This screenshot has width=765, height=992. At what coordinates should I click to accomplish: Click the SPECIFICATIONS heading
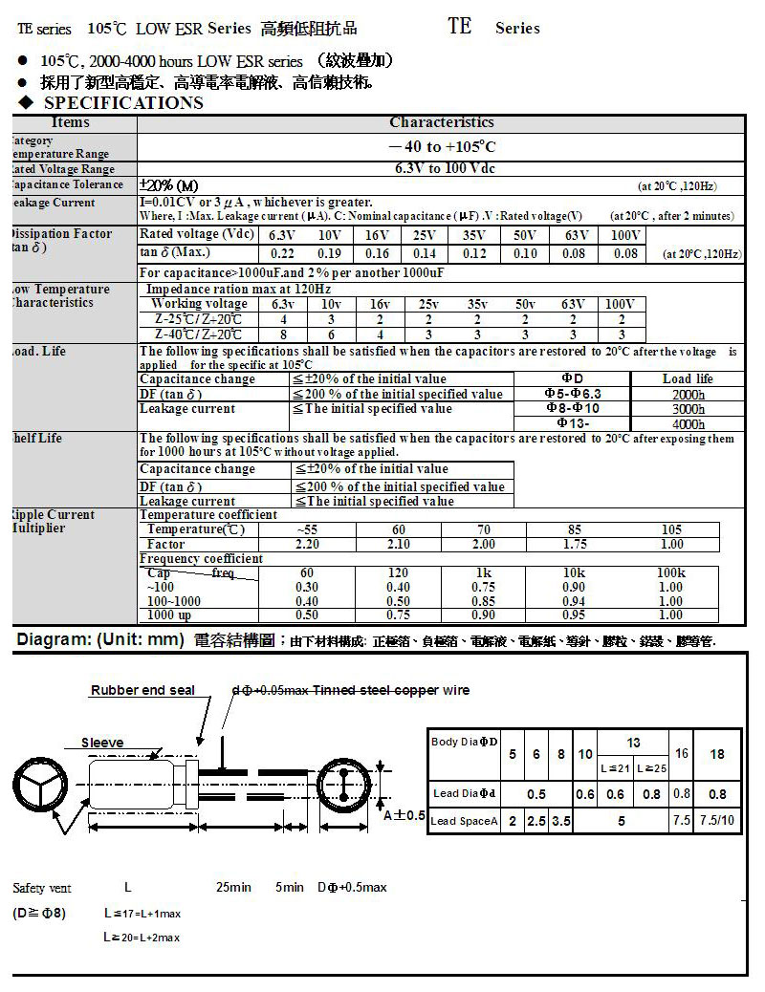(x=123, y=103)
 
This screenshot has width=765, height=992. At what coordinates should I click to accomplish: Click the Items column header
(x=71, y=123)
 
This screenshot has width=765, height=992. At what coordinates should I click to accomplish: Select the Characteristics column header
(x=441, y=123)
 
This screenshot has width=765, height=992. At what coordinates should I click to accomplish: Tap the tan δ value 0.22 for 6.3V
(x=282, y=253)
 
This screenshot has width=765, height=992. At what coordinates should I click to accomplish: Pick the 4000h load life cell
(x=688, y=423)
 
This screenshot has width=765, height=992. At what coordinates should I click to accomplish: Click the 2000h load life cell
(x=688, y=394)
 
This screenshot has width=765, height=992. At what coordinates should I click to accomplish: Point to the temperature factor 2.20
(x=308, y=544)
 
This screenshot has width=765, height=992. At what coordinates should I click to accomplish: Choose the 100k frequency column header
(x=671, y=573)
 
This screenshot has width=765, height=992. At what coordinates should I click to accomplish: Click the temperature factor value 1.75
(x=574, y=544)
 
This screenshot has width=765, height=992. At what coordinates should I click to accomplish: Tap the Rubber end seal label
(x=142, y=690)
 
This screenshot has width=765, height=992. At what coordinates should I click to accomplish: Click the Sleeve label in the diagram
(x=101, y=743)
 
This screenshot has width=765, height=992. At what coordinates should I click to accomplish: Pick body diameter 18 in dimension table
(x=717, y=753)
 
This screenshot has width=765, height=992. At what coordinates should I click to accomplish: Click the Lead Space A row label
(x=464, y=821)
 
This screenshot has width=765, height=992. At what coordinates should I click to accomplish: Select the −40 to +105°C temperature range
(x=441, y=147)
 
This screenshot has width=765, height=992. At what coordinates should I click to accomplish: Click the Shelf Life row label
(x=38, y=438)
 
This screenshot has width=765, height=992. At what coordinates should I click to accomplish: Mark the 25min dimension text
(x=233, y=888)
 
